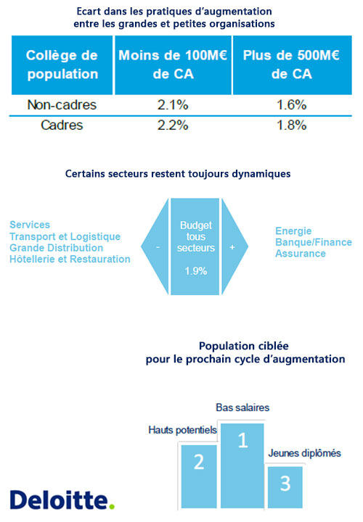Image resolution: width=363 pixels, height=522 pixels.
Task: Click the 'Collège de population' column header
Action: tap(62, 65)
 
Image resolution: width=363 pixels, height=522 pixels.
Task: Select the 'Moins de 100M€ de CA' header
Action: tap(173, 65)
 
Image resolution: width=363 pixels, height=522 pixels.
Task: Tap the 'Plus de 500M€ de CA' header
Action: tap(292, 65)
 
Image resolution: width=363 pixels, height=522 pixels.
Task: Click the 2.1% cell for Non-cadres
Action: tap(173, 105)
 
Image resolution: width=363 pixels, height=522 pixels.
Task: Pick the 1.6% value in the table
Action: tap(292, 105)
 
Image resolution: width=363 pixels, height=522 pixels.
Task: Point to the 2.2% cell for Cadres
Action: tap(173, 125)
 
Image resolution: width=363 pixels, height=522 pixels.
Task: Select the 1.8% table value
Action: tap(292, 125)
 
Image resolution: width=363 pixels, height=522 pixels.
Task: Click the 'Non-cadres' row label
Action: tap(62, 105)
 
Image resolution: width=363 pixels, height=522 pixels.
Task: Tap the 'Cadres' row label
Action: tap(62, 125)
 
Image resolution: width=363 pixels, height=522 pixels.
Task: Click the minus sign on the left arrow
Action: tap(158, 247)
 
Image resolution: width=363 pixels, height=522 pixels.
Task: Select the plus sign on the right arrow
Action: tap(232, 247)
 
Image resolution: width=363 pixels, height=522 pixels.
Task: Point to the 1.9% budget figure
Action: tap(196, 271)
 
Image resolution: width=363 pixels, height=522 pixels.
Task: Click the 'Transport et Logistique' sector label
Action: tap(65, 236)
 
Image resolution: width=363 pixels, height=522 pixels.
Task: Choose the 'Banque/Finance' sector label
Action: tap(314, 242)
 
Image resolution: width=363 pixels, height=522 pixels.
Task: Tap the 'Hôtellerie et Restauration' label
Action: tap(70, 259)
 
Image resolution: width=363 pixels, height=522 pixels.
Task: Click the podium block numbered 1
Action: tap(242, 465)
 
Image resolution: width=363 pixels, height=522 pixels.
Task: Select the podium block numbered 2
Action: tap(199, 476)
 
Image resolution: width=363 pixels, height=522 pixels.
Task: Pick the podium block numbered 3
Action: tap(285, 487)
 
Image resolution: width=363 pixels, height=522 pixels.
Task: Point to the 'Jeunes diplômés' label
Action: tap(305, 453)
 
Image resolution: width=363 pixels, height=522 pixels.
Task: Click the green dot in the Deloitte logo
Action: tap(112, 506)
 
